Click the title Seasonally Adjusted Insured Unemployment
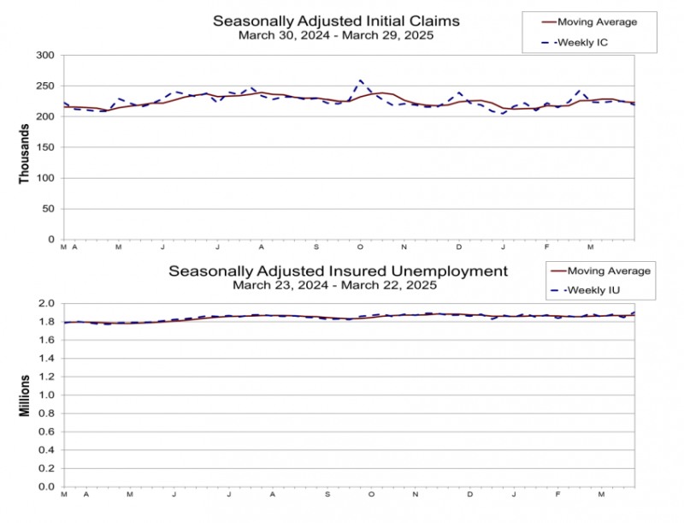[338, 271]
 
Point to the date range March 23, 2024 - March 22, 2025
[338, 285]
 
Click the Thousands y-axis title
[24, 148]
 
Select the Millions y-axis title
[24, 395]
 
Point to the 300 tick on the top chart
[44, 56]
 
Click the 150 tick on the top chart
[44, 147]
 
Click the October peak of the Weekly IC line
[361, 80]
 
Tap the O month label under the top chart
[360, 247]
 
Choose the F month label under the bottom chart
[557, 494]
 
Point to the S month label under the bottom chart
[327, 494]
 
